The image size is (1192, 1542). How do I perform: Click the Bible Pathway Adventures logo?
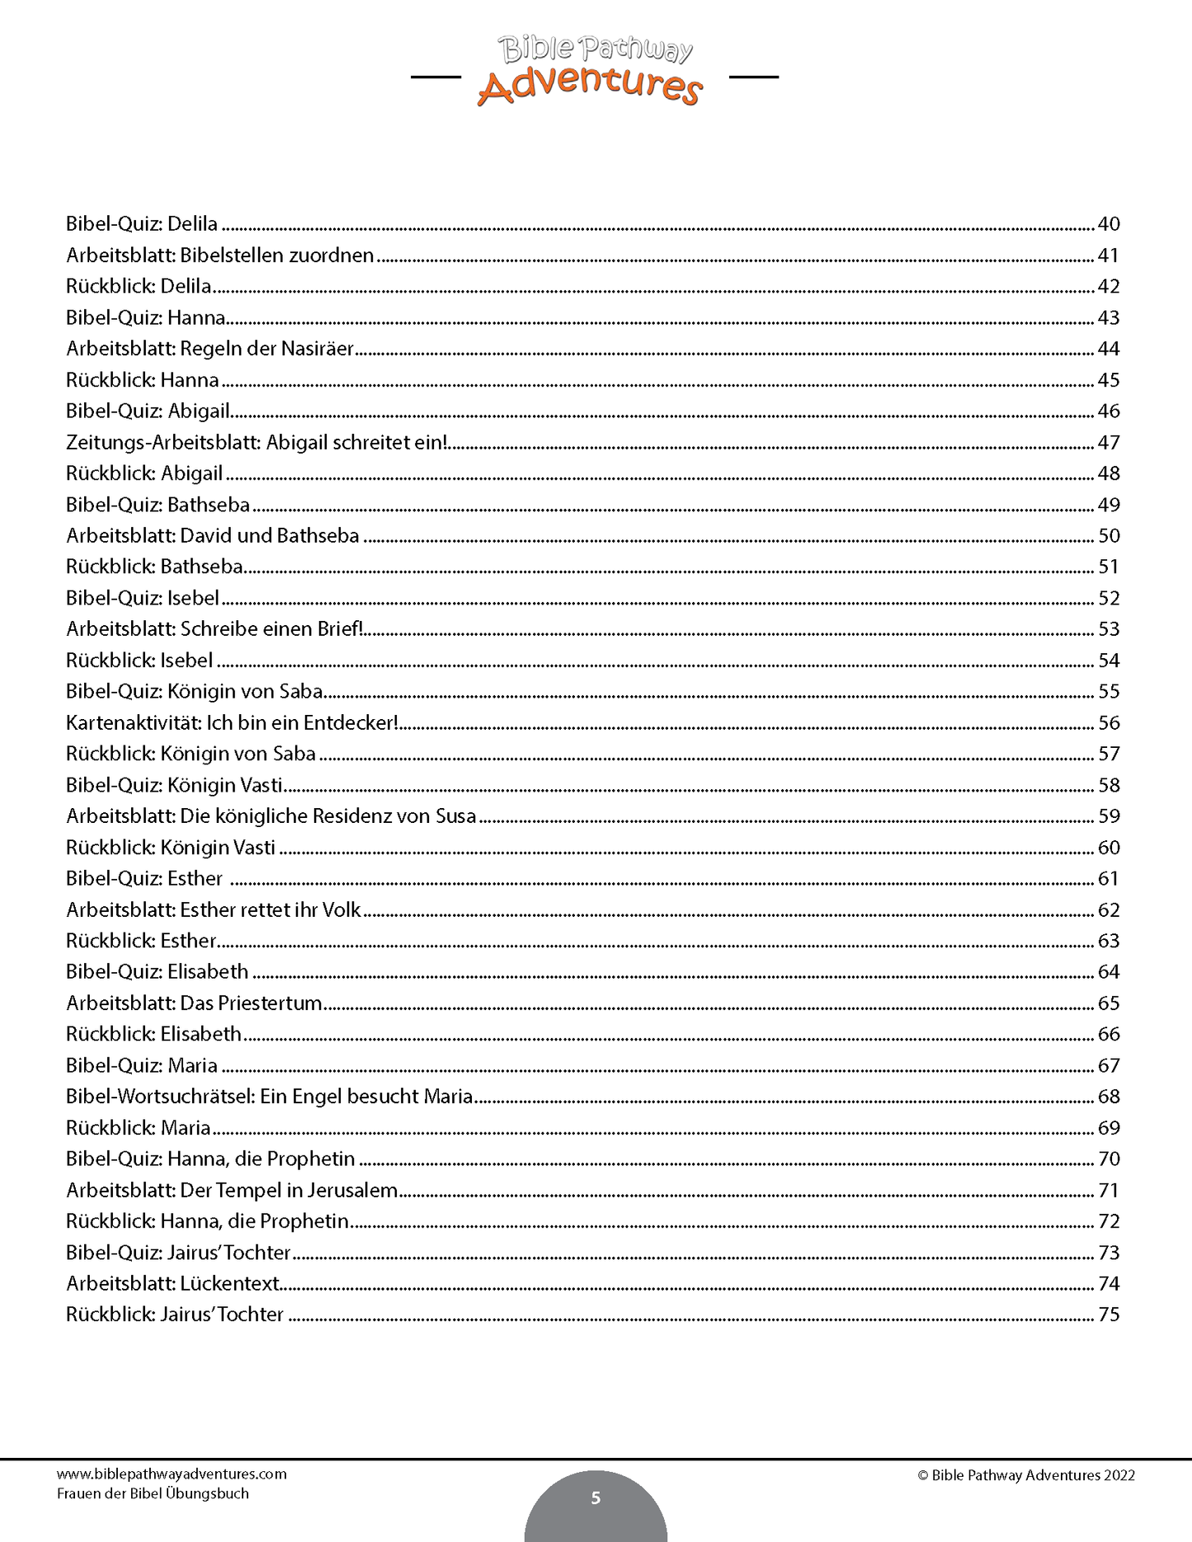(x=593, y=71)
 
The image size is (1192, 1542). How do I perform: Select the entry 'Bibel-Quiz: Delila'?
(x=142, y=224)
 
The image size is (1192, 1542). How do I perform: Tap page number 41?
(x=1108, y=256)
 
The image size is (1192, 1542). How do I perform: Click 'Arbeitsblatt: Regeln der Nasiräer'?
(x=210, y=349)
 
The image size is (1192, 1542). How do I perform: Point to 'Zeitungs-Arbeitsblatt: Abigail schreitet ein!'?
(x=257, y=443)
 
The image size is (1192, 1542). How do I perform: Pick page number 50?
(x=1108, y=536)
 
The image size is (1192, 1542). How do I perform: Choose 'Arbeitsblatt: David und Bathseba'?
(x=213, y=536)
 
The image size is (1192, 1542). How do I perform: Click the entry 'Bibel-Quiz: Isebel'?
(x=143, y=599)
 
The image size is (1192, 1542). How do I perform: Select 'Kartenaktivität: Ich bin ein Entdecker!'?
(x=232, y=723)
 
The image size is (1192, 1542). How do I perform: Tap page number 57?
(x=1108, y=754)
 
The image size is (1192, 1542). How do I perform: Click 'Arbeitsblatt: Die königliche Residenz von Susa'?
(x=271, y=816)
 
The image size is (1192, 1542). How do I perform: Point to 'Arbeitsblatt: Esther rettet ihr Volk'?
(x=214, y=910)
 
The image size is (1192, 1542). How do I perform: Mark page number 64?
(x=1108, y=972)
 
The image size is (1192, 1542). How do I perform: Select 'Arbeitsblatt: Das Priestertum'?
(x=194, y=1004)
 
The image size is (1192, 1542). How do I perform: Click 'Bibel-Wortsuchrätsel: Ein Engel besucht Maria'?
(x=270, y=1097)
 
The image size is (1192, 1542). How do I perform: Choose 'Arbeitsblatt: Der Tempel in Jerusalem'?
(x=232, y=1191)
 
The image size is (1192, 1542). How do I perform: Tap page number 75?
(x=1108, y=1314)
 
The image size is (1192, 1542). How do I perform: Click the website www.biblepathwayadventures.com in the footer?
(x=172, y=1474)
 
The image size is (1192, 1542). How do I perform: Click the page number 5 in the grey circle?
(x=596, y=1498)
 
